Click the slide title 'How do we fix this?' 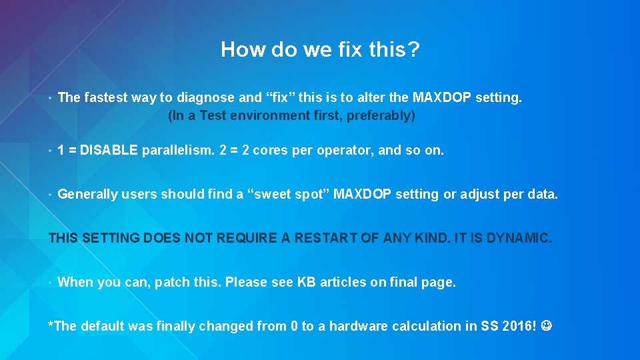click(320, 49)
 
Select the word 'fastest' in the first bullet click(105, 98)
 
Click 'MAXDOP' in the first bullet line click(441, 98)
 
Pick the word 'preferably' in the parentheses click(382, 116)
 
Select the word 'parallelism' click(178, 151)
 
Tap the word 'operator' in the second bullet click(347, 151)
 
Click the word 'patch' click(173, 282)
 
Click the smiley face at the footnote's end click(548, 326)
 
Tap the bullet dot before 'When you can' click(51, 282)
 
